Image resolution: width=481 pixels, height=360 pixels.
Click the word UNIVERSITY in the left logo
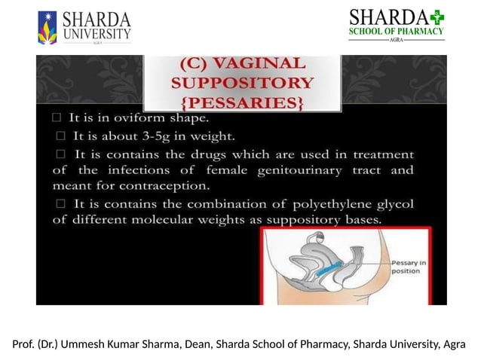(97, 33)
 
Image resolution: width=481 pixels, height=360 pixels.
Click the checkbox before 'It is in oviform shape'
(57, 118)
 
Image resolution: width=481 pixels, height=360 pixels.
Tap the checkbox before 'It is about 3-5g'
(61, 136)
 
